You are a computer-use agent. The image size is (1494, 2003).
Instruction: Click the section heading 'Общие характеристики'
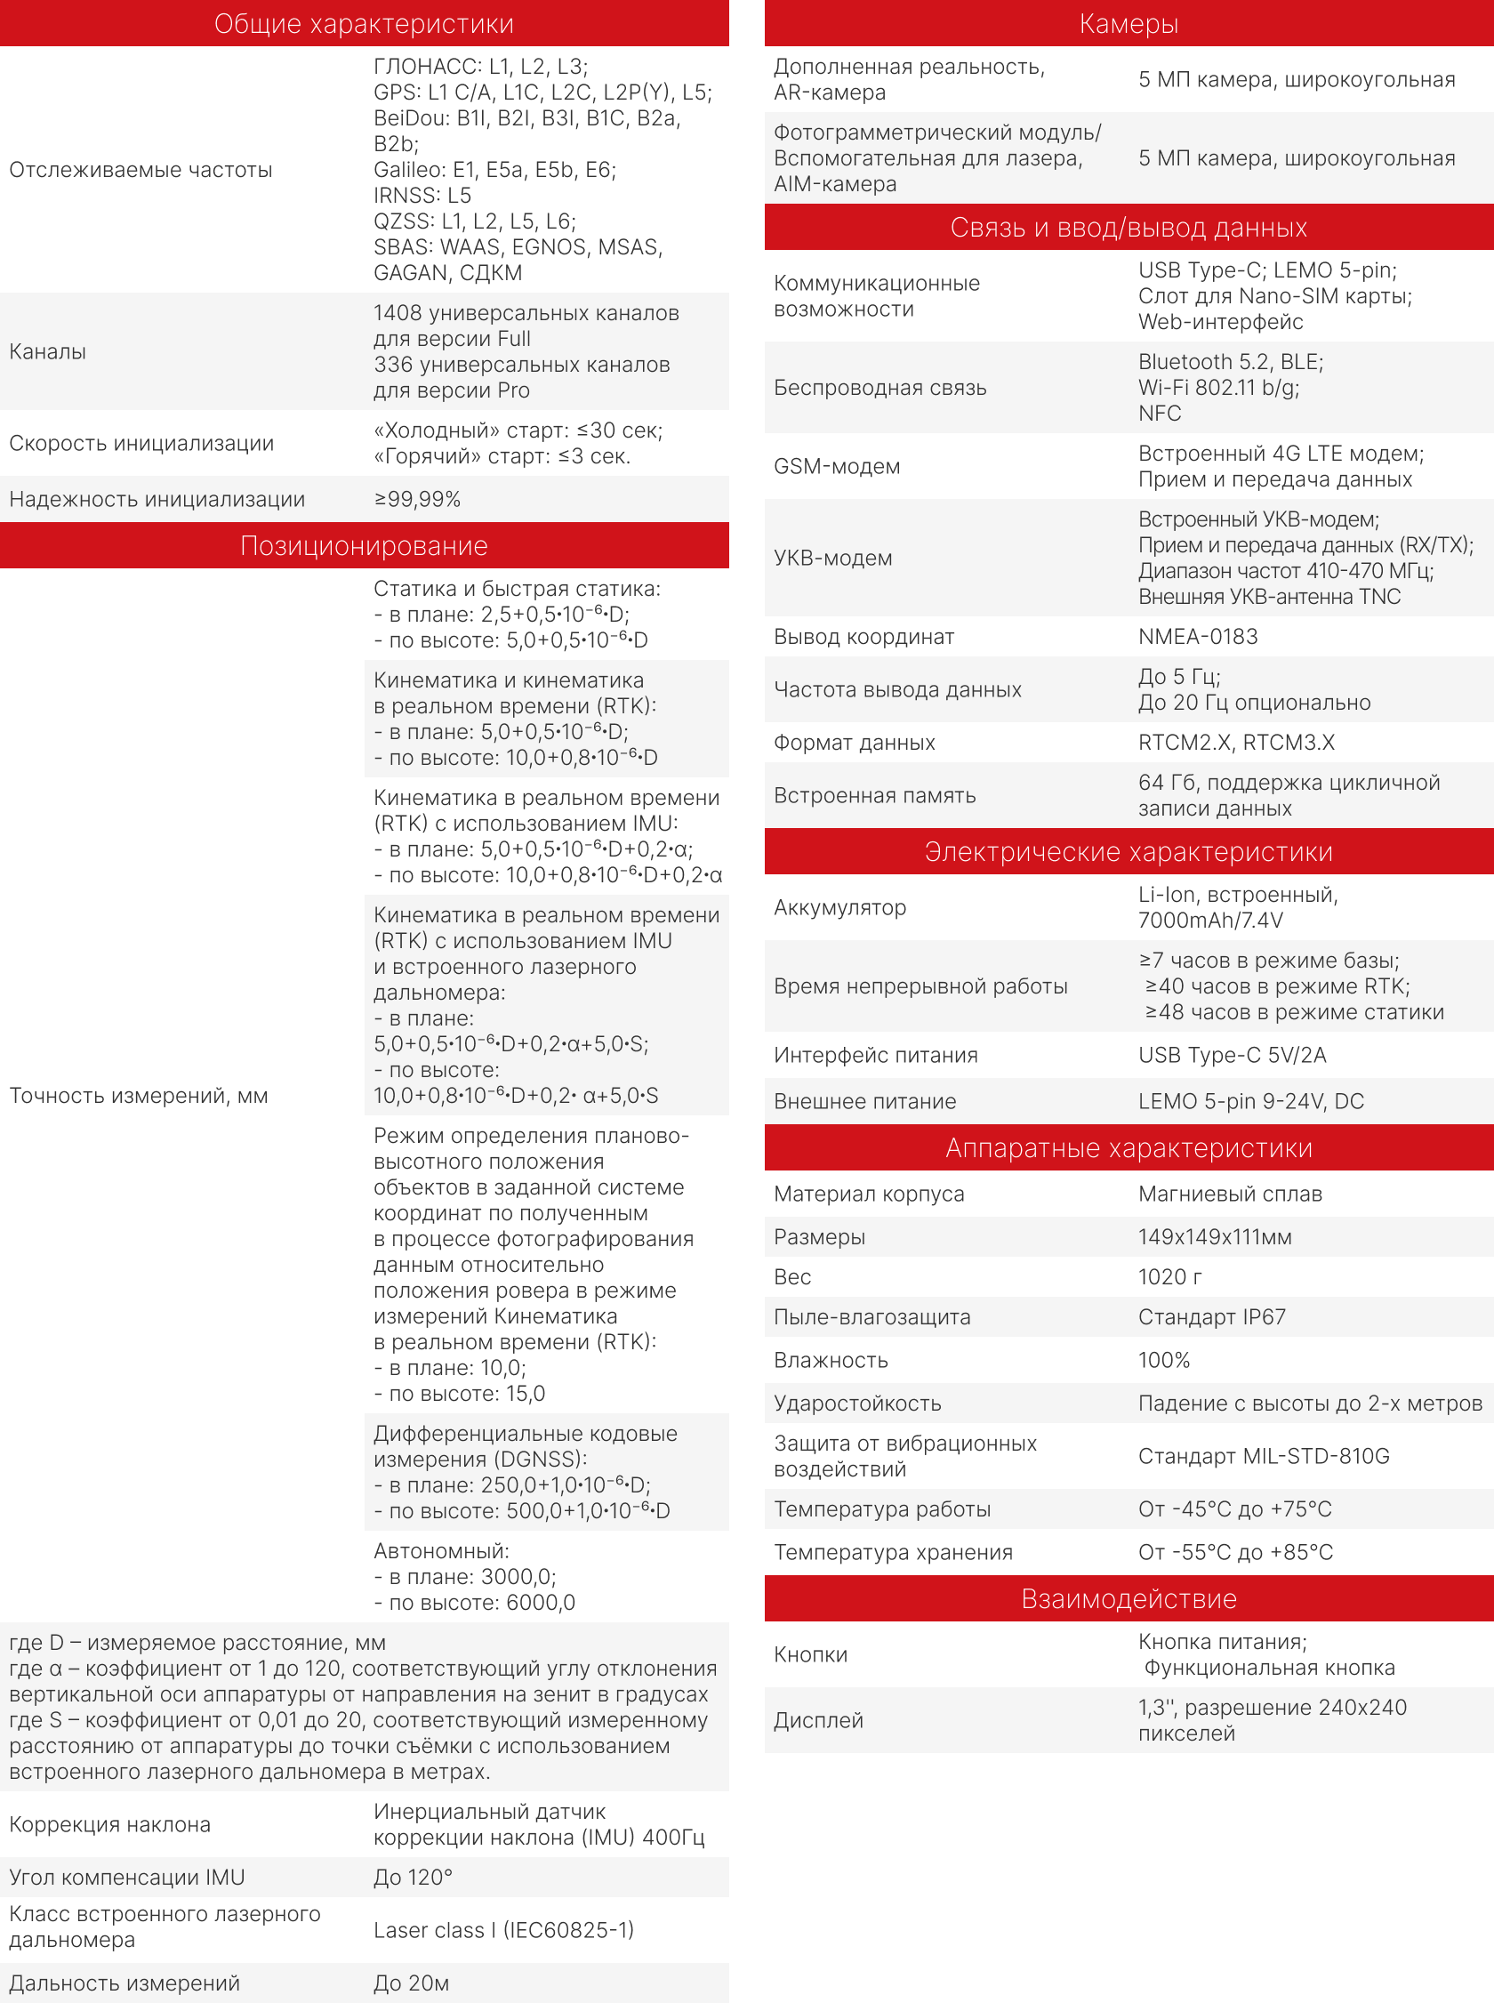[x=364, y=23]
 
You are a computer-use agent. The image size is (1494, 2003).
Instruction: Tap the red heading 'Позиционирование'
[x=364, y=545]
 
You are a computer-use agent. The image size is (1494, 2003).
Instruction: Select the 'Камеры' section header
[x=1128, y=23]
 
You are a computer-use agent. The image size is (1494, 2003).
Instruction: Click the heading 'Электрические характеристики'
[x=1128, y=851]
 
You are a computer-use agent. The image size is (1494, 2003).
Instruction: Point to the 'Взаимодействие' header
[x=1128, y=1598]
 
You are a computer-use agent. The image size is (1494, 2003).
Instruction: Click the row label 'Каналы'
[x=48, y=350]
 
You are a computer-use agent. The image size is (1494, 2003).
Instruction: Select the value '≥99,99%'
[x=418, y=498]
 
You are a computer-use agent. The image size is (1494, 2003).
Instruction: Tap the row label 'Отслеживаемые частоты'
[x=141, y=169]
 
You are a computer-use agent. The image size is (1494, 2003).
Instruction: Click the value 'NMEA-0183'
[x=1197, y=636]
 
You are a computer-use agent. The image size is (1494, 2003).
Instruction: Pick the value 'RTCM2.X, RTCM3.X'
[x=1235, y=742]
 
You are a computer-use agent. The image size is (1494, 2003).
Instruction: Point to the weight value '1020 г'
[x=1169, y=1276]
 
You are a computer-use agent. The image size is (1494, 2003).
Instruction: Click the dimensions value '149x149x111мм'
[x=1215, y=1236]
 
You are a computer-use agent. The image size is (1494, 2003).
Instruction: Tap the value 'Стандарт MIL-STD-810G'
[x=1264, y=1455]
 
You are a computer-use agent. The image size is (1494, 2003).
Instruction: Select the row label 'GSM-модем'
[x=837, y=466]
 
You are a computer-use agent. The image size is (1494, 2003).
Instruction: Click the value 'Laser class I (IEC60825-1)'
[x=503, y=1929]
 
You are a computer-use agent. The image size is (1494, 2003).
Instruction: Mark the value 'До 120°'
[x=413, y=1877]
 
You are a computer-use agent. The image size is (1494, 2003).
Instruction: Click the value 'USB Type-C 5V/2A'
[x=1232, y=1054]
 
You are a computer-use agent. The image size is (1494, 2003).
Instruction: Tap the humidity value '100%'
[x=1163, y=1359]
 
